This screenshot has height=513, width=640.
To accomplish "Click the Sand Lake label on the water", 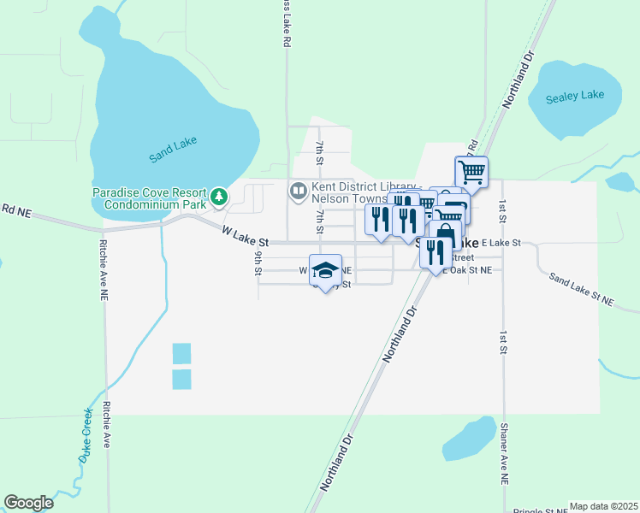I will click(x=173, y=150).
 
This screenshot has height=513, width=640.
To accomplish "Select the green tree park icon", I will click(x=220, y=198).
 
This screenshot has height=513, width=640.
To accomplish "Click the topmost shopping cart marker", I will click(x=471, y=171).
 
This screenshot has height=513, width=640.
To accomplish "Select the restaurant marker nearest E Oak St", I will click(x=436, y=251).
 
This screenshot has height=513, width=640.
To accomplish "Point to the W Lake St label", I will click(x=246, y=236).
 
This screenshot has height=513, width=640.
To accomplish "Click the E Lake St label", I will click(x=501, y=244).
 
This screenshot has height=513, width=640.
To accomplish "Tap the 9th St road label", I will click(x=258, y=262).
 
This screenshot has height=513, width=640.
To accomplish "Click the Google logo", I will click(x=28, y=503).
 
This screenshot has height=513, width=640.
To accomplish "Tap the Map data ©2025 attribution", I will click(x=603, y=506).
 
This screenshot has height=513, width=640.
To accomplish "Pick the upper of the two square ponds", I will click(x=181, y=353).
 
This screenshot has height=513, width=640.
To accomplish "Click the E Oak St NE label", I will click(x=466, y=270).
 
